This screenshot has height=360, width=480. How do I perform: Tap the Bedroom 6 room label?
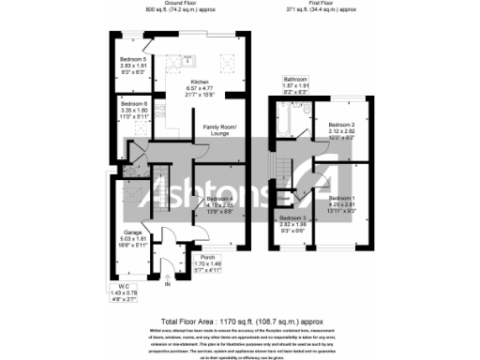pyautogui.click(x=132, y=103)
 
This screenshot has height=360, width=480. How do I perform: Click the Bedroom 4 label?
pyautogui.click(x=219, y=200)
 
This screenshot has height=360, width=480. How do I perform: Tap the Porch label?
pyautogui.click(x=208, y=257)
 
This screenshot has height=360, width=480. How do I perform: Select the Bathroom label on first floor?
pyautogui.click(x=296, y=79)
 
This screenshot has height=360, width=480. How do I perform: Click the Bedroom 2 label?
pyautogui.click(x=340, y=124)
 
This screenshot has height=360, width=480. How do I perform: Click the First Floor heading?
pyautogui.click(x=321, y=4)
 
